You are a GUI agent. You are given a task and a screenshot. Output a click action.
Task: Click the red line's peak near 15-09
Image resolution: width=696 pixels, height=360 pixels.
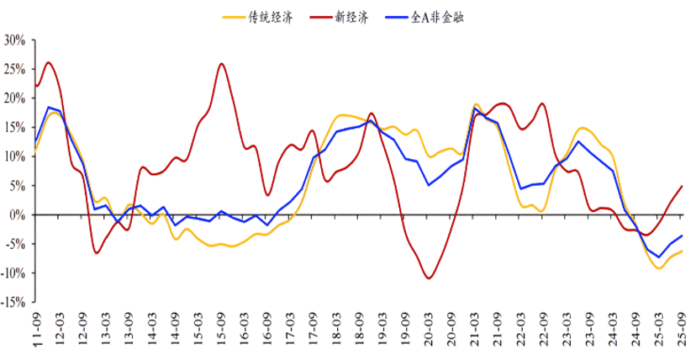pos(222,63)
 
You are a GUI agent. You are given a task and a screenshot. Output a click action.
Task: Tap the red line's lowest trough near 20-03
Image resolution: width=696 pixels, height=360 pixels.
pos(430,278)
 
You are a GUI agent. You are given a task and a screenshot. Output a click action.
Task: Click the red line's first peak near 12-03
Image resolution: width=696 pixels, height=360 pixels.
pos(48,62)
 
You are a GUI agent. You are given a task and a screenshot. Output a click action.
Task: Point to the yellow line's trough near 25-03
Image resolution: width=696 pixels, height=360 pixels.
pos(659,267)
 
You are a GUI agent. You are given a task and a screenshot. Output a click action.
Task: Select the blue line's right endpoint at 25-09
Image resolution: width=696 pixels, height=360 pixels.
pos(681,236)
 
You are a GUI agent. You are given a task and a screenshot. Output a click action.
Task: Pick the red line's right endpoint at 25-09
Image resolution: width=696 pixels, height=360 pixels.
pos(681,186)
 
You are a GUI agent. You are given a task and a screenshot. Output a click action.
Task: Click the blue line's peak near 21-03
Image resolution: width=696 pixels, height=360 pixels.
pos(476,109)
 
